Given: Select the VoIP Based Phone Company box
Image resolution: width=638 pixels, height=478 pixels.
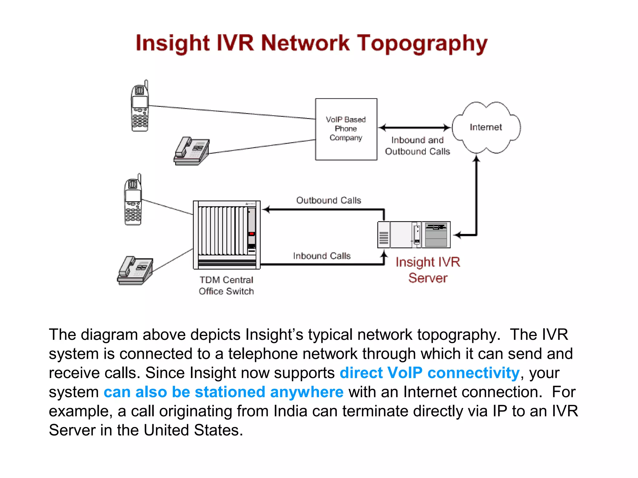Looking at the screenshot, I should [x=346, y=129].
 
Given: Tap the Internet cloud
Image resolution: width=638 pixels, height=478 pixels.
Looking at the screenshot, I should [x=486, y=127].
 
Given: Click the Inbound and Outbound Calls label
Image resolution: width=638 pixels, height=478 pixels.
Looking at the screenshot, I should [x=417, y=146].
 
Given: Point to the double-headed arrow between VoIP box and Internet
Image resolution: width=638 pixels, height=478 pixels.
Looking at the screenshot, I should [x=415, y=128].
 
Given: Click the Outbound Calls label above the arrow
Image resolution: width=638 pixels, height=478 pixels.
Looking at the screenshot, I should [x=329, y=200].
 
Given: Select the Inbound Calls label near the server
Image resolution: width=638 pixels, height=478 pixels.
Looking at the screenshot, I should [x=322, y=256].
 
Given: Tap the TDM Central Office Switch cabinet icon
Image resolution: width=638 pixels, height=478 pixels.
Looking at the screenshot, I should [x=227, y=235].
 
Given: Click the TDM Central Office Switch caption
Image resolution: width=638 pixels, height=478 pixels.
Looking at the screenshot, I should [x=226, y=285].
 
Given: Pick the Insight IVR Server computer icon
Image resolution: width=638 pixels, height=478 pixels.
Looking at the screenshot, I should [x=414, y=235].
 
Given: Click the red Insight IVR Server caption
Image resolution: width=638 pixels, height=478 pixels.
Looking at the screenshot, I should [x=428, y=270].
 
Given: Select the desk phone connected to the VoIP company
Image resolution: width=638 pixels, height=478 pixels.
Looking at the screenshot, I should [x=192, y=151].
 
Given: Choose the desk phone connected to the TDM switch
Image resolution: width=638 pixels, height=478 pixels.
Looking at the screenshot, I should [x=135, y=270].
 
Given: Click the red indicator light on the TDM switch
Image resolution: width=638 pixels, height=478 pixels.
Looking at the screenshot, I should [x=251, y=234].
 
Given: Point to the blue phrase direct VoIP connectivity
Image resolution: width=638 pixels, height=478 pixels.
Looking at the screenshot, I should [x=430, y=373].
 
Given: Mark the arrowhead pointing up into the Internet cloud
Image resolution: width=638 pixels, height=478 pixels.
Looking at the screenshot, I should [x=476, y=159].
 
